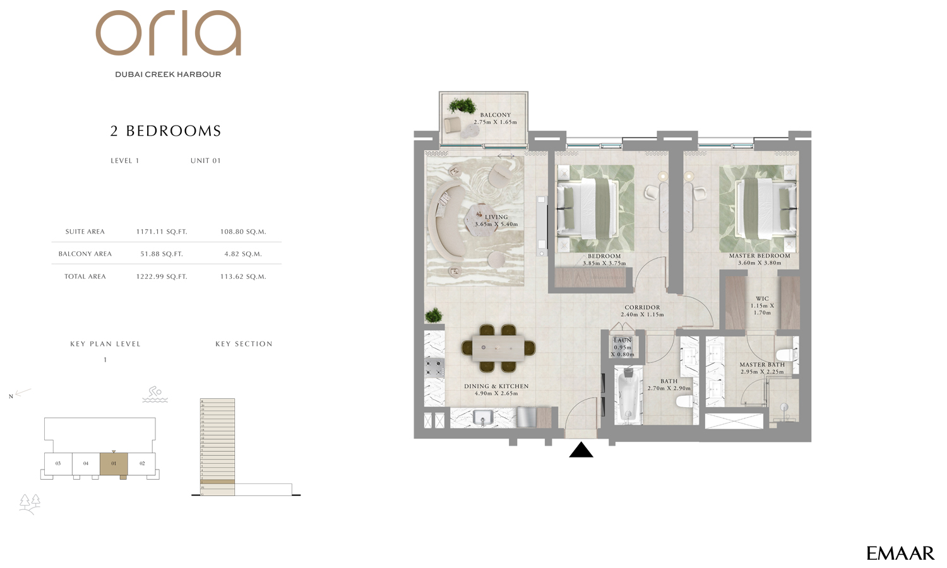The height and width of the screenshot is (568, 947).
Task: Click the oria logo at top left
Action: (x=168, y=33)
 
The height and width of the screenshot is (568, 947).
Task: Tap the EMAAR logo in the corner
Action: (x=900, y=553)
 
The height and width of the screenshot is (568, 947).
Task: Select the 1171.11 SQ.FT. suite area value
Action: (x=162, y=232)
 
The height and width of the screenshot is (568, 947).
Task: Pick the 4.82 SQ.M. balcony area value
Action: (x=243, y=254)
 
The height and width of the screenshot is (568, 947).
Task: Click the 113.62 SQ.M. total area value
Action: (x=243, y=276)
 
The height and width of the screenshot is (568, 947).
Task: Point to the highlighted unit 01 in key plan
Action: (x=114, y=464)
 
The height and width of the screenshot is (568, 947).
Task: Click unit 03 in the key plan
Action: (x=58, y=464)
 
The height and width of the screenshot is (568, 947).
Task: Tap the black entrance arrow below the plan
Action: (x=581, y=450)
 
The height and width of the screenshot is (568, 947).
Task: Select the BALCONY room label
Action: (x=495, y=115)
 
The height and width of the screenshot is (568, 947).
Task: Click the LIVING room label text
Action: (x=496, y=217)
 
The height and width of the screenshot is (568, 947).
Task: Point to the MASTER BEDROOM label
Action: (x=759, y=256)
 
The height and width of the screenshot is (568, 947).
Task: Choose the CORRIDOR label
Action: (x=642, y=308)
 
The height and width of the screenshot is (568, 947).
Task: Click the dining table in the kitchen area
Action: (x=498, y=348)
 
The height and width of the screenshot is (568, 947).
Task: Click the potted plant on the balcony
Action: (x=462, y=105)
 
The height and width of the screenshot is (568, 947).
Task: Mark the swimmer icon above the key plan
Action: (x=155, y=394)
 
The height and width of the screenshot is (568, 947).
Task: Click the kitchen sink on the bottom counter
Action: (x=483, y=417)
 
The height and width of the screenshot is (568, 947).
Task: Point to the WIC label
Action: (x=762, y=299)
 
